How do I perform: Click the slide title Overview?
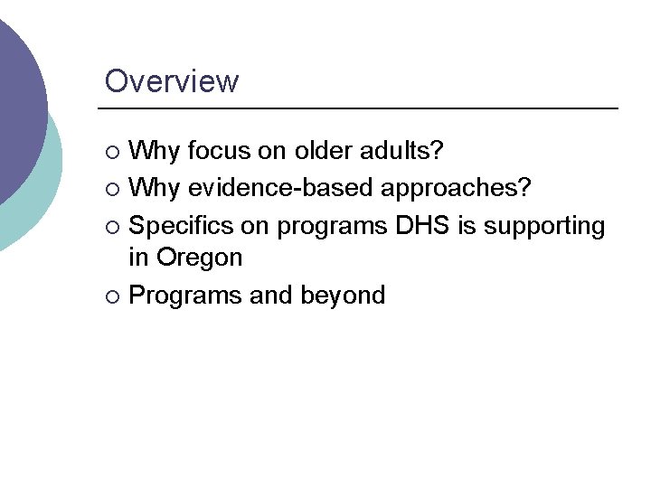tap(172, 81)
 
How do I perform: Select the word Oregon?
tap(199, 258)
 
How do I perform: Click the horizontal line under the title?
tap(362, 109)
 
